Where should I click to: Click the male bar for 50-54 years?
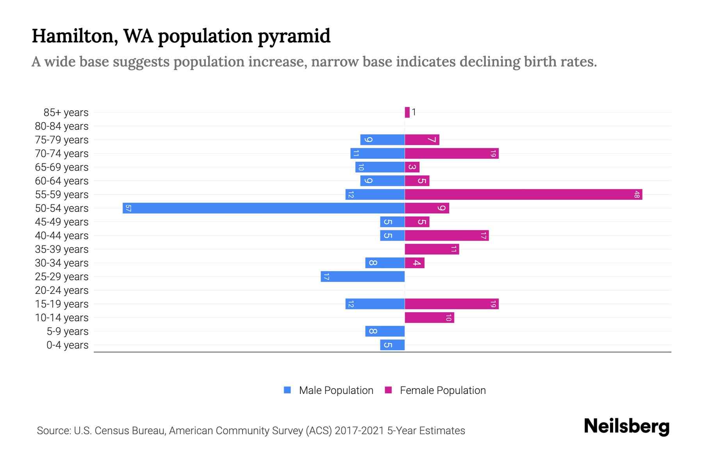tap(264, 208)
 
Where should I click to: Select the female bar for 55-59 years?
tap(523, 194)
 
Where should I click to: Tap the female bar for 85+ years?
tap(407, 112)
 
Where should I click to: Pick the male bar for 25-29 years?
tap(362, 276)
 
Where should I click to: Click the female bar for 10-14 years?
tap(429, 317)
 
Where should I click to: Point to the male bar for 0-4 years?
tap(392, 345)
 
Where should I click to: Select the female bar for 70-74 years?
tap(451, 153)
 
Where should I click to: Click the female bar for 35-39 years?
tap(432, 249)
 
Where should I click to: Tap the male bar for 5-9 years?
tap(385, 331)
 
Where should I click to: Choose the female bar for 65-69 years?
tap(412, 167)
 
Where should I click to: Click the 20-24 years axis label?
tap(62, 290)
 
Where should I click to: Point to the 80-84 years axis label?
tap(62, 126)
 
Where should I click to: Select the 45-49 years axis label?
tap(62, 222)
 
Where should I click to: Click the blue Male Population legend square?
tap(287, 390)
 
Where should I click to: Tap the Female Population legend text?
tap(442, 390)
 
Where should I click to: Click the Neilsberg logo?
tap(626, 426)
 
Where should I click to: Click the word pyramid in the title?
tap(294, 36)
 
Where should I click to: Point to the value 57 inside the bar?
tap(128, 208)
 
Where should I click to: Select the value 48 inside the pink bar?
tap(637, 194)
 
